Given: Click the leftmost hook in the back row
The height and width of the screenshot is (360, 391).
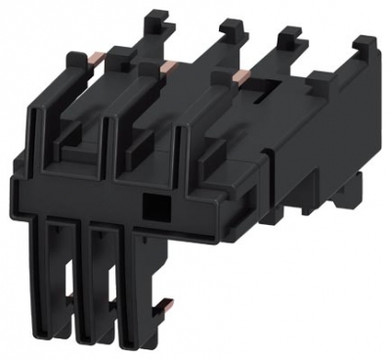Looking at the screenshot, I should [153, 23].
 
